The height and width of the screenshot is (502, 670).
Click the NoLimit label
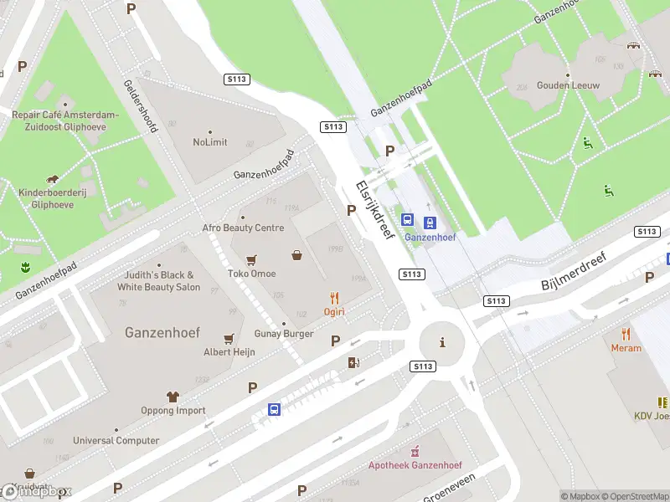pyautogui.click(x=209, y=142)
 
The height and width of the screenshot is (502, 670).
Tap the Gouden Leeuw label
pyautogui.click(x=568, y=85)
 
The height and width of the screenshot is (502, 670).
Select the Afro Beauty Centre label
pyautogui.click(x=243, y=228)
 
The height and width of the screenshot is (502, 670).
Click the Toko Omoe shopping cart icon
pyautogui.click(x=251, y=259)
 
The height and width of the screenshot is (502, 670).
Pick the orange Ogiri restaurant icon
pyautogui.click(x=335, y=297)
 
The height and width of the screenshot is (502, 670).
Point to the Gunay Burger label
pyautogui.click(x=284, y=334)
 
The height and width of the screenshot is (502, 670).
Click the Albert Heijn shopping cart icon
pyautogui.click(x=229, y=339)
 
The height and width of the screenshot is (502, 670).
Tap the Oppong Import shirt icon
pyautogui.click(x=173, y=397)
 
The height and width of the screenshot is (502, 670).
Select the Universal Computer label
pyautogui.click(x=116, y=440)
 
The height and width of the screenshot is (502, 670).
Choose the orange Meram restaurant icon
pyautogui.click(x=626, y=334)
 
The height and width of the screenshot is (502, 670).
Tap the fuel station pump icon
pyautogui.click(x=353, y=362)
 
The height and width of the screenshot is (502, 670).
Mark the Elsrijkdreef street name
pyautogui.click(x=374, y=211)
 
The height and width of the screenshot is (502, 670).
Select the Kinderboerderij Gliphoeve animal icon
pyautogui.click(x=53, y=179)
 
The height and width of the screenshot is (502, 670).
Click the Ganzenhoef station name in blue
pyautogui.click(x=430, y=237)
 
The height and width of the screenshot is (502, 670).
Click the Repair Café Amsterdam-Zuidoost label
pyautogui.click(x=64, y=120)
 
